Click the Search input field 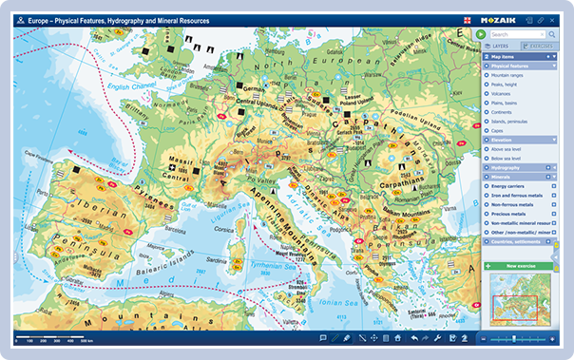pyautogui.click(x=513, y=34)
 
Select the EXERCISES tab pyautogui.click(x=538, y=45)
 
